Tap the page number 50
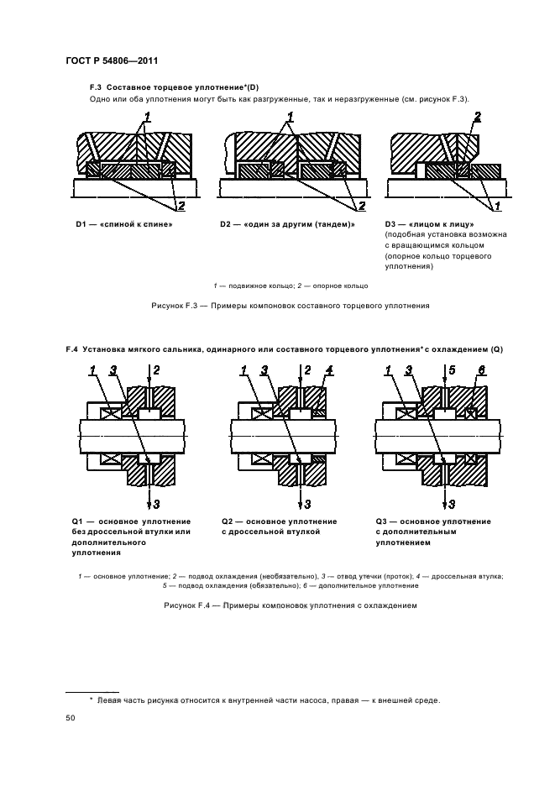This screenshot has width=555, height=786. [x=70, y=719]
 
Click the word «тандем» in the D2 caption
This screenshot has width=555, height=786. [x=327, y=224]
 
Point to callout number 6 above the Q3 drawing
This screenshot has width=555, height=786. [x=482, y=370]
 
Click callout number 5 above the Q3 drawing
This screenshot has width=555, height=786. [x=453, y=370]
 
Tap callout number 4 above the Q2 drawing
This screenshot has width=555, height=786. [x=330, y=370]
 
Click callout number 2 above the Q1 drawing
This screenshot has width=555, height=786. [x=156, y=370]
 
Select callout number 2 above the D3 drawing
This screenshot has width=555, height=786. [x=477, y=117]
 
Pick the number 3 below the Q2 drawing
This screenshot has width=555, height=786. [x=308, y=504]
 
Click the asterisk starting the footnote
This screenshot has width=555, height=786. [x=92, y=700]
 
